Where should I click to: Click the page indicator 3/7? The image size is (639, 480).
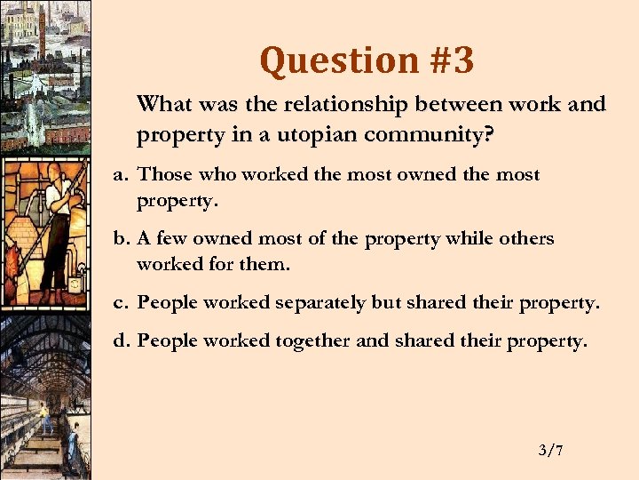550,451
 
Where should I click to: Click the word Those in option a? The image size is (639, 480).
161,175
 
